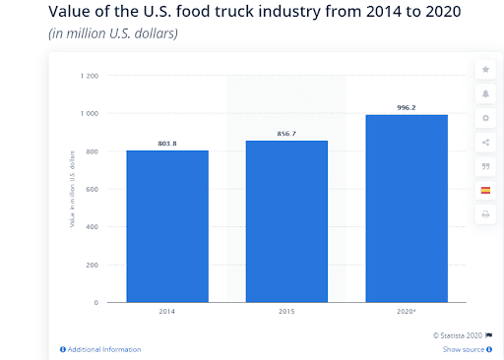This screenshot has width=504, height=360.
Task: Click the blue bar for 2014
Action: click(166, 226)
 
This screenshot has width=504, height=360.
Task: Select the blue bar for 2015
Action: click(286, 221)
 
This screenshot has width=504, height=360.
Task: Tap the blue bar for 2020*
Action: click(406, 209)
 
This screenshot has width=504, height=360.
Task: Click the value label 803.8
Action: click(166, 144)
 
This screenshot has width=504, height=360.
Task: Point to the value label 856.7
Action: click(286, 134)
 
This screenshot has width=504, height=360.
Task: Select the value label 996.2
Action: click(406, 107)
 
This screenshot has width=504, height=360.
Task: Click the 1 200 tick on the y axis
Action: click(90, 76)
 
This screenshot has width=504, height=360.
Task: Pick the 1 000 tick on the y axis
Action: click(90, 114)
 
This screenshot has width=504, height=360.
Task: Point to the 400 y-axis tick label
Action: click(92, 227)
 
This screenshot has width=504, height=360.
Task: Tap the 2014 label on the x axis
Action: click(166, 312)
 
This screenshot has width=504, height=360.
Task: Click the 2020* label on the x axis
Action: click(406, 312)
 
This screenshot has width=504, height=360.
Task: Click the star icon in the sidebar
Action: click(485, 70)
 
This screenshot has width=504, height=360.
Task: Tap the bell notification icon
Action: click(485, 93)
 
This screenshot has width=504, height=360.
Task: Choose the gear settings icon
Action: click(485, 117)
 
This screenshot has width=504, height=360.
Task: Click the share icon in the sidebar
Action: click(485, 142)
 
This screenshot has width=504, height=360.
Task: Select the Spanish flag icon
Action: click(485, 190)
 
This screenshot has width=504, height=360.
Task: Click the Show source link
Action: click(464, 349)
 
